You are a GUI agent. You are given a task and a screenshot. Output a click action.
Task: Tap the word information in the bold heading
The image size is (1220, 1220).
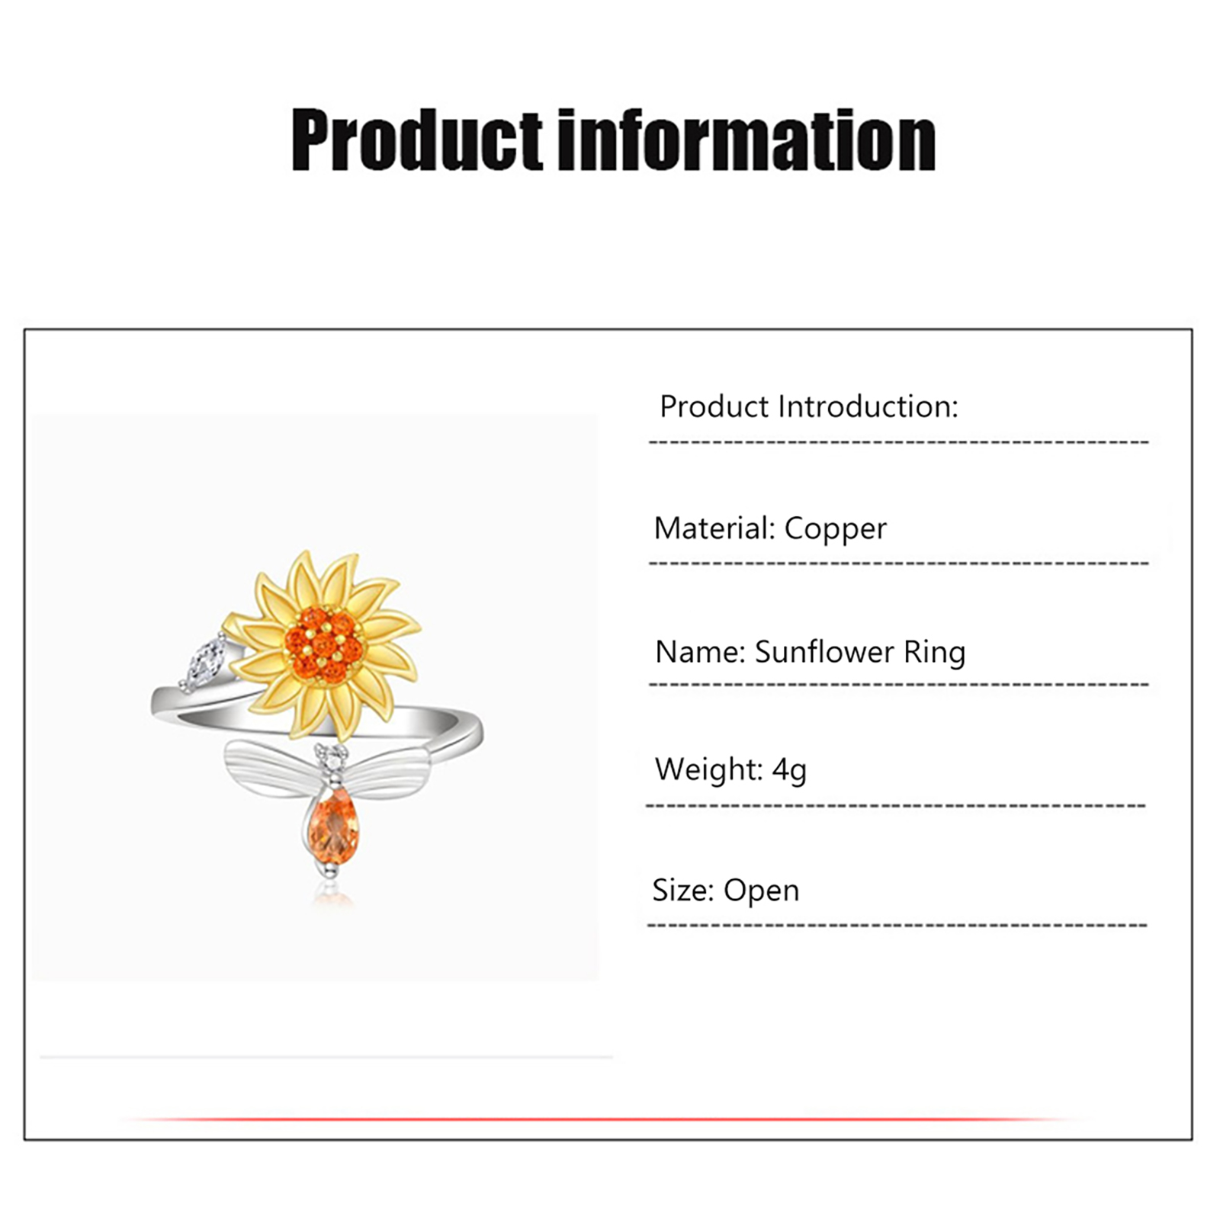(x=747, y=140)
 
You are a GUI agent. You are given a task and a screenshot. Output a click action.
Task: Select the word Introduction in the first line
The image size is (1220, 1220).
(x=868, y=406)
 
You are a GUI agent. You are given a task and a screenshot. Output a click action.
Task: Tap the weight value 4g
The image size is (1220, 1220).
(x=789, y=770)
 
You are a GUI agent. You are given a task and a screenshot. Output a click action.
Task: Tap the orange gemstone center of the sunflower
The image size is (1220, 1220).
(x=324, y=644)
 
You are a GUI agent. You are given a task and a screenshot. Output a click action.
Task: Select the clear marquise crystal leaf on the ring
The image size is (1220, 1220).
(x=202, y=663)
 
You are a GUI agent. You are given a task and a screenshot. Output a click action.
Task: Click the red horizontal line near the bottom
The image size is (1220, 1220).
(x=602, y=1119)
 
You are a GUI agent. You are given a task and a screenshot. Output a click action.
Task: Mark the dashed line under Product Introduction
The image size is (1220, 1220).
(x=898, y=442)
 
